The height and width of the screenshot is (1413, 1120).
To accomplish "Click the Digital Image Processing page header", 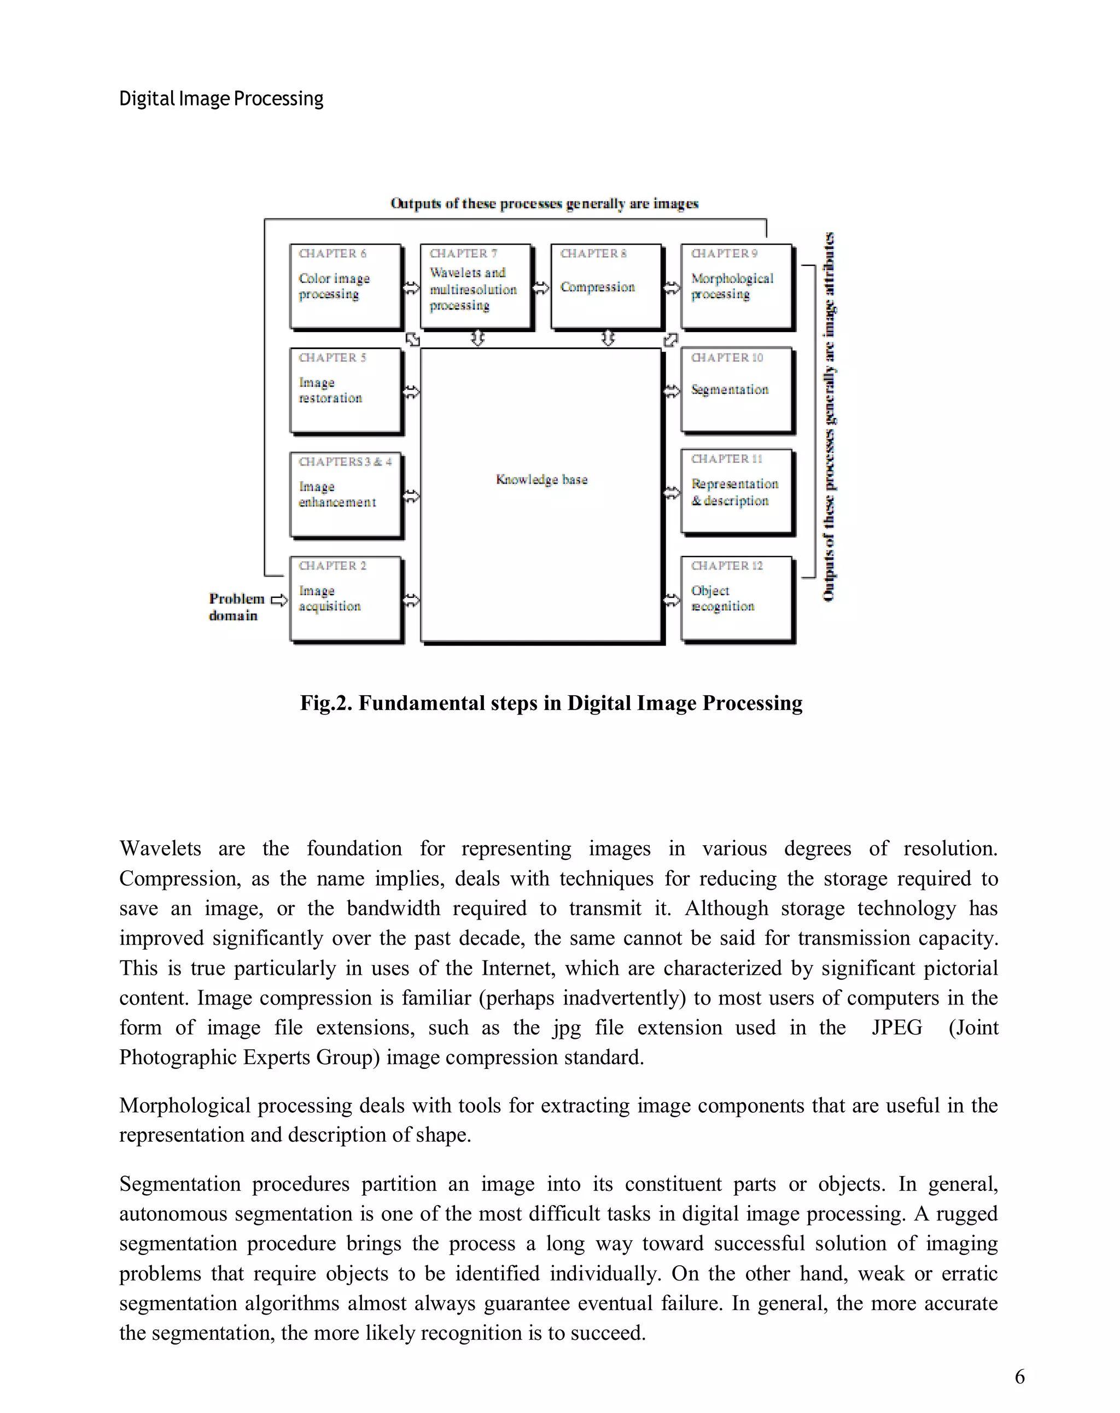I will tap(221, 98).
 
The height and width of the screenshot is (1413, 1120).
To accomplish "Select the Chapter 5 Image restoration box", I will tap(345, 390).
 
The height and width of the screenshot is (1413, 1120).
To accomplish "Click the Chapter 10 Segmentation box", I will tap(736, 390).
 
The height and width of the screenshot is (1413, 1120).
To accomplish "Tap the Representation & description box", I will tap(736, 492).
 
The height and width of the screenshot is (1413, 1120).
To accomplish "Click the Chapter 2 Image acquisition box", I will tap(345, 598).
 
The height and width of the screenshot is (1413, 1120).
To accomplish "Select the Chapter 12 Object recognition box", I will tap(736, 598).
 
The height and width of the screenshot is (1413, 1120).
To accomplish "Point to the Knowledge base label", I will tap(541, 479).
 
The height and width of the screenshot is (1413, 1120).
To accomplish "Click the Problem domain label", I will tap(236, 606).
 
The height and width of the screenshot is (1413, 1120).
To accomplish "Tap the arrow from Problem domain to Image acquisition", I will tap(278, 600).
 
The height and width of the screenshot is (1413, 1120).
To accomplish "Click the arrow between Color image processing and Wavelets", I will tap(411, 288).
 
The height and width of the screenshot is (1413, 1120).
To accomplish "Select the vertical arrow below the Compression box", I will tap(608, 338).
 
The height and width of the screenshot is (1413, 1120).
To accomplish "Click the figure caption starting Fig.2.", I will tap(551, 702).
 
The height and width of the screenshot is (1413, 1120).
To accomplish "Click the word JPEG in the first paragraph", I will tap(896, 1027).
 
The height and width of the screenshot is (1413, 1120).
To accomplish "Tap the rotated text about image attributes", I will tap(829, 416).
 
